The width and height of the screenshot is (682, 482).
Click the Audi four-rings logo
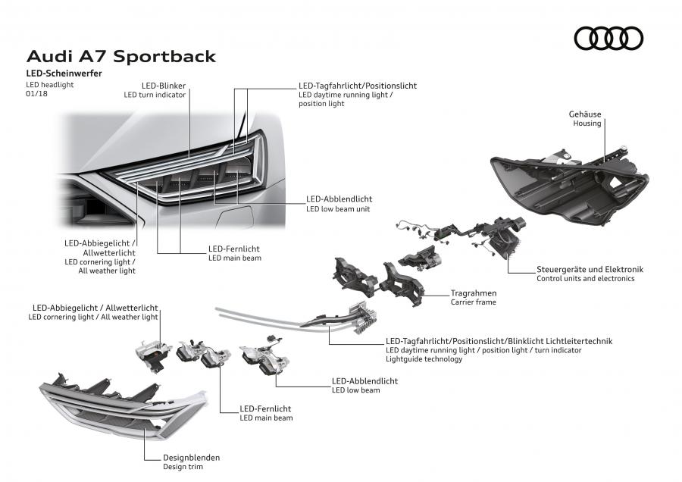[x=608, y=39]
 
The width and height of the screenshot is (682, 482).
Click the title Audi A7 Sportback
[x=121, y=57]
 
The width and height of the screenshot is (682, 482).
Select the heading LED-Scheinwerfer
[x=64, y=73]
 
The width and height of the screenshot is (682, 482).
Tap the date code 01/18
[x=36, y=93]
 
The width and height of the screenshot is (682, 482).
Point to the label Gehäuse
[x=585, y=114]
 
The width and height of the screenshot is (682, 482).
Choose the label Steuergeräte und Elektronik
[x=590, y=269]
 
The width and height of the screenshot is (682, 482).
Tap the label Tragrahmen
[x=473, y=293]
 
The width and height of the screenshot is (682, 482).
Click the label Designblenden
[x=192, y=458]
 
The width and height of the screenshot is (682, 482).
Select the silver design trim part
[x=124, y=407]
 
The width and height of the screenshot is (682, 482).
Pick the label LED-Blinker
[x=164, y=86]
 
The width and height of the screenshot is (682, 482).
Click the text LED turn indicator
[x=155, y=95]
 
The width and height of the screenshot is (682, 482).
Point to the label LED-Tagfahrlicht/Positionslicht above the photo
[x=358, y=86]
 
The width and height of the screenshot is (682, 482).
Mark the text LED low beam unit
[x=338, y=209]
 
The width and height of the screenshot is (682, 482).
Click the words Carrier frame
[x=473, y=302]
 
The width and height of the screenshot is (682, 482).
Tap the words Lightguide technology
[x=424, y=359]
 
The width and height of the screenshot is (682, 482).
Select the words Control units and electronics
[x=586, y=278]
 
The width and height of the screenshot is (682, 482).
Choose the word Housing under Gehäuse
[x=587, y=123]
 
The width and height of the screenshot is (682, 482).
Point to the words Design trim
[x=183, y=467]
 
